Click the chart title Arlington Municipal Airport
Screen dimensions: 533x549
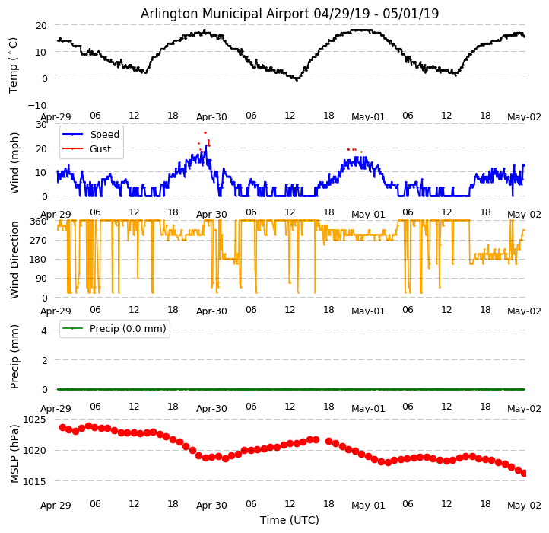point(290,14)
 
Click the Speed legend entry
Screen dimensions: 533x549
point(104,135)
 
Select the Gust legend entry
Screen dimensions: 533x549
point(100,149)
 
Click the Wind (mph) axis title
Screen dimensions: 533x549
point(14,162)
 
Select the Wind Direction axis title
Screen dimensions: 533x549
point(14,260)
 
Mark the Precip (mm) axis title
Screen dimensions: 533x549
point(14,356)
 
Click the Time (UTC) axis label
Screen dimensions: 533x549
point(290,520)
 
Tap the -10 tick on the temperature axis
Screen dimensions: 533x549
point(37,105)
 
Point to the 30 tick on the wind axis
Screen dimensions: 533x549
point(43,124)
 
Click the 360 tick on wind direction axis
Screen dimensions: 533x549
point(38,221)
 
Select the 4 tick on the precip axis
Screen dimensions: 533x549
point(43,330)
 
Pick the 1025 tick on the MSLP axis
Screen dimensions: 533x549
point(34,420)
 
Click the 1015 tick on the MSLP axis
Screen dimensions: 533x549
point(34,481)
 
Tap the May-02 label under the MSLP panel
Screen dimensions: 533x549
point(524,505)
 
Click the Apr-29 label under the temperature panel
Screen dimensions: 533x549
point(56,117)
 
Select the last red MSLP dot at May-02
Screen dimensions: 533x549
point(524,473)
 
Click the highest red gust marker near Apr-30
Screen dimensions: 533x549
point(205,132)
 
